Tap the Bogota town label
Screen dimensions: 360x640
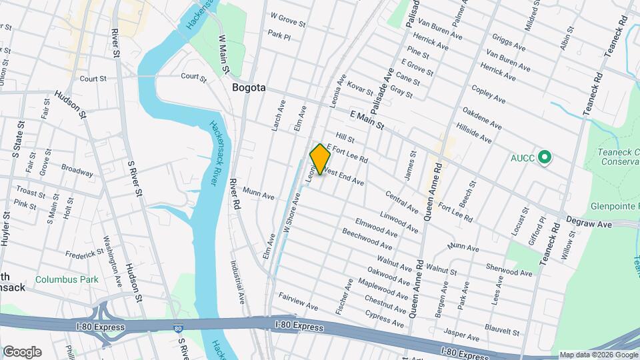249,87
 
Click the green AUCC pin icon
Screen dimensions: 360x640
545,157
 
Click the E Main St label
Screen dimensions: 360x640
366,120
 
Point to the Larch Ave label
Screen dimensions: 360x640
277,115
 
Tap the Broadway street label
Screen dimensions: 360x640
77,170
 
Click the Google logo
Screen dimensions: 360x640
22,352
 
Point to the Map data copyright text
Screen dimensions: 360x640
598,355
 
